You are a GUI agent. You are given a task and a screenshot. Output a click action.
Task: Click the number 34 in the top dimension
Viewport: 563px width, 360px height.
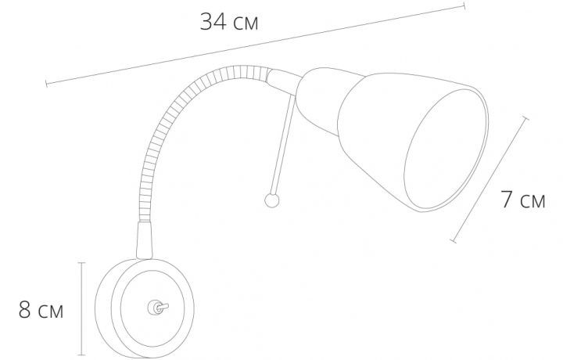click(x=215, y=21)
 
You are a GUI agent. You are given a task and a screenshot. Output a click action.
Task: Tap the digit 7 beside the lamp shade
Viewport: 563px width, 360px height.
click(x=507, y=200)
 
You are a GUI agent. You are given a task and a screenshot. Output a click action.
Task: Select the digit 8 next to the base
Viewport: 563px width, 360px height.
click(x=26, y=311)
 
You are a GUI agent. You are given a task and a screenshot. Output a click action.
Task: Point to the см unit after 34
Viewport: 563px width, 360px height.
click(x=244, y=23)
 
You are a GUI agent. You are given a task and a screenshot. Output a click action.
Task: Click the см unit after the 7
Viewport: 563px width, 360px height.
click(x=534, y=201)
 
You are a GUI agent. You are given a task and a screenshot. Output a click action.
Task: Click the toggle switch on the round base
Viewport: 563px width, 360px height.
click(x=155, y=308)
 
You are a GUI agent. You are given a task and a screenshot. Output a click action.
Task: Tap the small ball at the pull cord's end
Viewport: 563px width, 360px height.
click(x=271, y=200)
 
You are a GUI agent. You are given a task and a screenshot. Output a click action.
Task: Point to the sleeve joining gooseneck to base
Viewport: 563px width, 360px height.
click(x=145, y=239)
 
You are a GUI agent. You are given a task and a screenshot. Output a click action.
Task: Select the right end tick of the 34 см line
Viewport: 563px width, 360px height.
click(x=464, y=5)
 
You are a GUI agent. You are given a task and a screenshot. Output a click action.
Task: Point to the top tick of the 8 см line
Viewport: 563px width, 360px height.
click(x=81, y=262)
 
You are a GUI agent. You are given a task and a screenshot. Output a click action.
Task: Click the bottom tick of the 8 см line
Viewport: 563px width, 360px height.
click(x=81, y=353)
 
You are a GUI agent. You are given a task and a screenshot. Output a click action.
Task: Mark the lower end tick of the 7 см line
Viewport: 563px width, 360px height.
click(x=453, y=240)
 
